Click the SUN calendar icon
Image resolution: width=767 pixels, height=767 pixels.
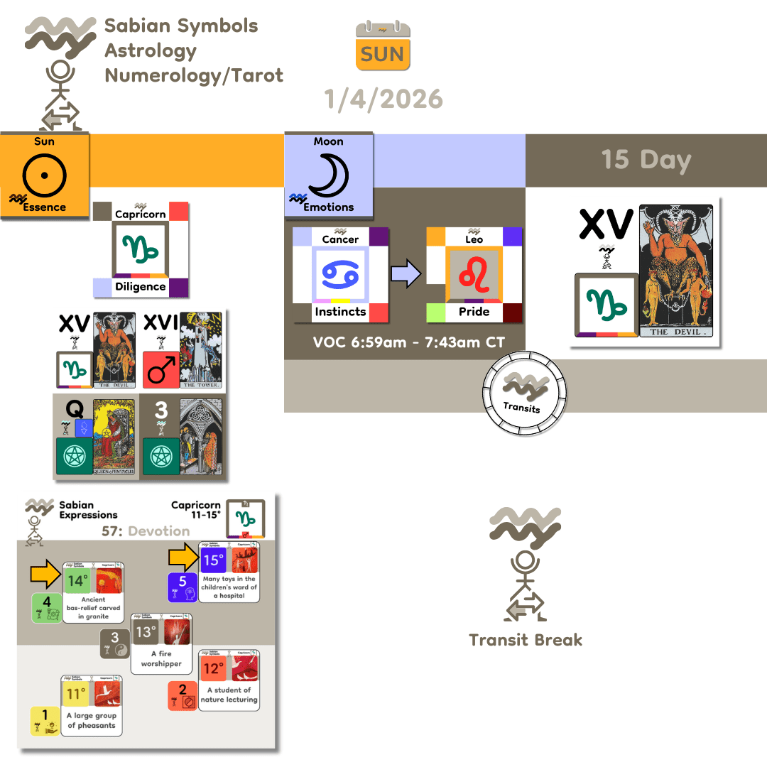point(383,46)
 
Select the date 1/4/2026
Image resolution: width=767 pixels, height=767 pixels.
point(383,99)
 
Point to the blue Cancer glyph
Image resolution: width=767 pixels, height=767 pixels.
point(339,273)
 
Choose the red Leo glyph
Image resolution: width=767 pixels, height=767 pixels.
point(474,273)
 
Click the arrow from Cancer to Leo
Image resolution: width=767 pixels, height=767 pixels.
point(406,273)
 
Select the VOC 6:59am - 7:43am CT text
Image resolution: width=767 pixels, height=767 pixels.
point(409,342)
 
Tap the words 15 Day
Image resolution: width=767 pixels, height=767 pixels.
point(646,160)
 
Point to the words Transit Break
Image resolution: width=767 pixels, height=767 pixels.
point(526,640)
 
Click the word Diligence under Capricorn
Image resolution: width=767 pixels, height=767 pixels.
point(140,287)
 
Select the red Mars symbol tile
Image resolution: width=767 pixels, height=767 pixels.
point(161,370)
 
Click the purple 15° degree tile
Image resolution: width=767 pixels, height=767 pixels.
point(213,561)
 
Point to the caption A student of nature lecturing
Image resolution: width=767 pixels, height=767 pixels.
point(229,695)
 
